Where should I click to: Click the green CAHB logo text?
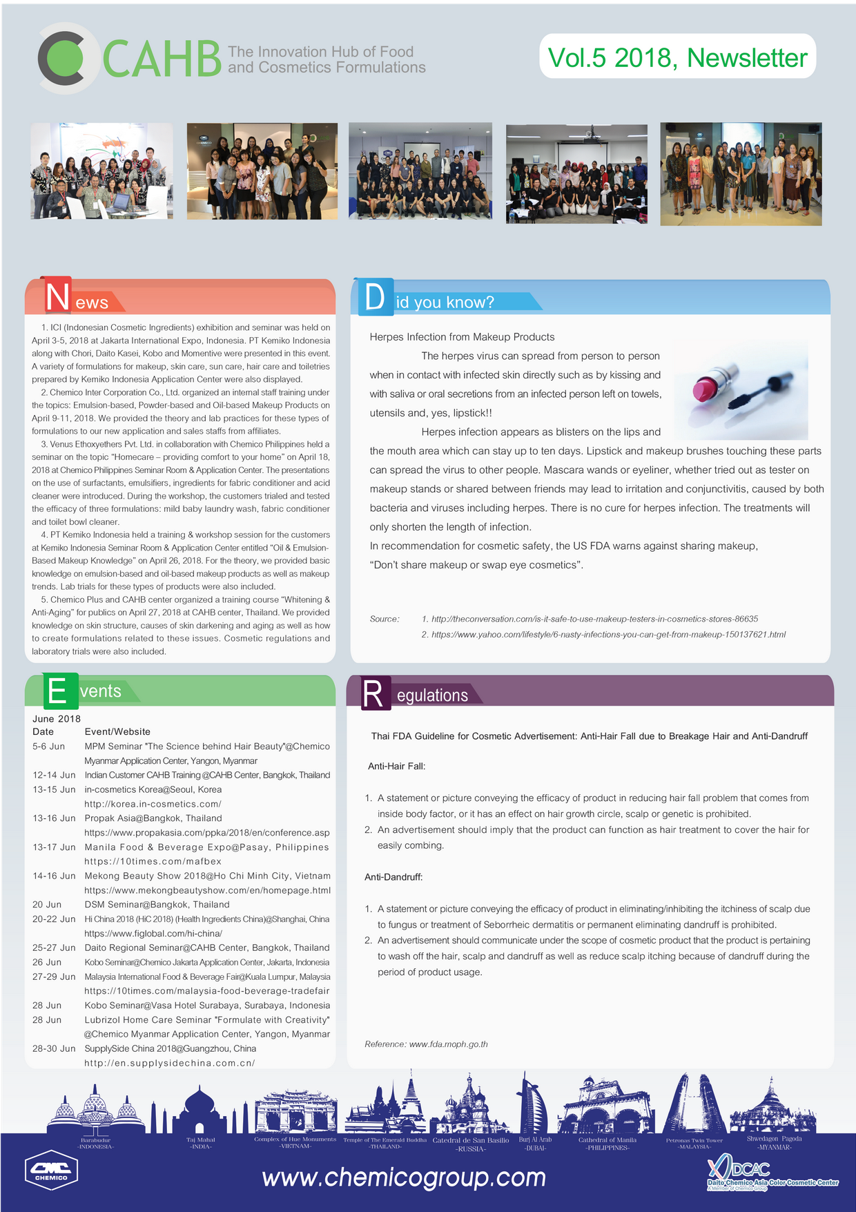pyautogui.click(x=162, y=59)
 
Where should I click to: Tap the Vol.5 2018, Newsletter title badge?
pyautogui.click(x=677, y=57)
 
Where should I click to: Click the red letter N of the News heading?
pyautogui.click(x=57, y=296)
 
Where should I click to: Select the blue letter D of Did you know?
pyautogui.click(x=374, y=297)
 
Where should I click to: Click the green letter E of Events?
pyautogui.click(x=58, y=691)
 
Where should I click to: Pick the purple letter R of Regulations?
pyautogui.click(x=373, y=694)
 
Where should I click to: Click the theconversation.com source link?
pyautogui.click(x=594, y=619)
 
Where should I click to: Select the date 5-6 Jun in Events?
pyautogui.click(x=48, y=747)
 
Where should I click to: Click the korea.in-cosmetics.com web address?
pyautogui.click(x=153, y=804)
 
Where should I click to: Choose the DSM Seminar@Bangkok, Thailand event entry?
pyautogui.click(x=157, y=905)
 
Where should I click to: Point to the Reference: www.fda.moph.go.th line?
pyautogui.click(x=426, y=1044)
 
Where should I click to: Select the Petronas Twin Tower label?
pyautogui.click(x=694, y=1140)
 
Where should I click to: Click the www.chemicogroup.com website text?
pyautogui.click(x=404, y=1177)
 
